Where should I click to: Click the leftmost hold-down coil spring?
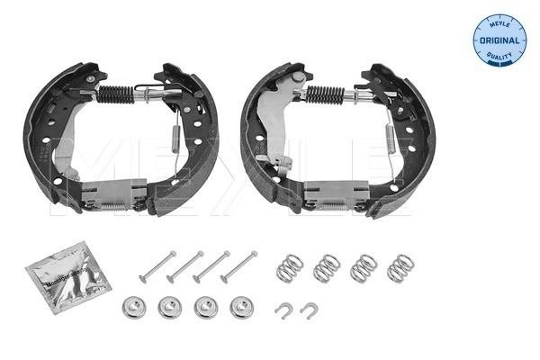[x=290, y=265]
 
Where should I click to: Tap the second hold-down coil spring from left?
[x=326, y=267]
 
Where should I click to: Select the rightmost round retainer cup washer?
[x=238, y=308]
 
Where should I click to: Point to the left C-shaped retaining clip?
[x=283, y=310]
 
